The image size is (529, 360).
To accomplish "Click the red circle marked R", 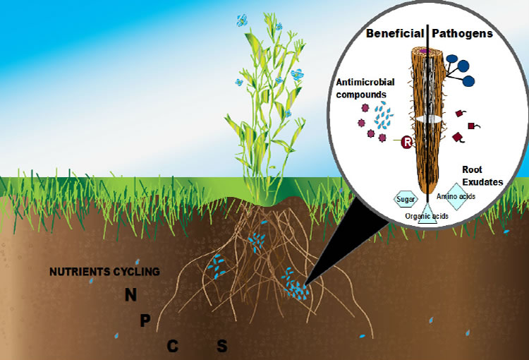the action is tap(407, 143).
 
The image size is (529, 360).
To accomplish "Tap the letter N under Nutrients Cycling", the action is tap(130, 295).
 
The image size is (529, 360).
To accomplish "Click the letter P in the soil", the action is tap(145, 320).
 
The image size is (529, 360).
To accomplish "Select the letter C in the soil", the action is tap(172, 346).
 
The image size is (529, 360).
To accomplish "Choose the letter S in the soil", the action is tap(221, 346).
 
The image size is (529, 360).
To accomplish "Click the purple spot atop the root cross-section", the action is tap(425, 52).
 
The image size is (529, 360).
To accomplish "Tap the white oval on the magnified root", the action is tap(429, 120).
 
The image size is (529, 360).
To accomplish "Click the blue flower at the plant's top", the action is tap(242, 20).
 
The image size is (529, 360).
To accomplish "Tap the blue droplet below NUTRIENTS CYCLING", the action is tap(90, 281).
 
